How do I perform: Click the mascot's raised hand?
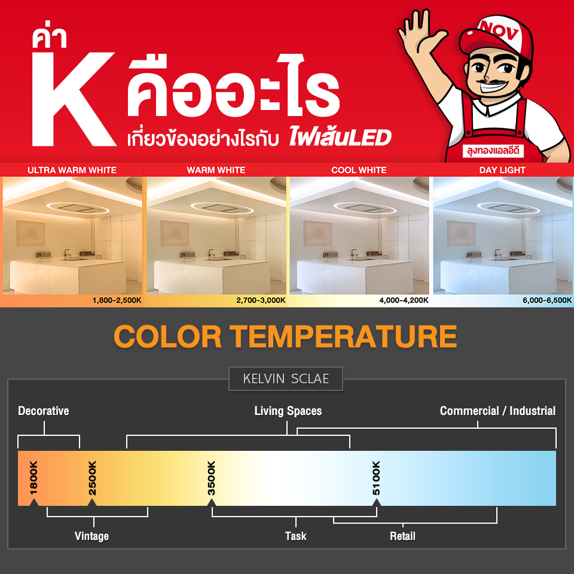(x=421, y=31)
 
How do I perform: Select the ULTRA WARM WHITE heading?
(x=72, y=170)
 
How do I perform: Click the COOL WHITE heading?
(x=359, y=170)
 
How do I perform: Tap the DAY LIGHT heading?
(x=502, y=170)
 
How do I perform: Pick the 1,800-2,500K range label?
(x=117, y=301)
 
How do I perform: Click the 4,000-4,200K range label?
(x=404, y=301)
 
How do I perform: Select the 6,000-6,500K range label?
(x=547, y=301)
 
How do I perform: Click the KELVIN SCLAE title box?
(x=286, y=379)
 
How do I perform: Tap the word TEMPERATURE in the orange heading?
(x=343, y=337)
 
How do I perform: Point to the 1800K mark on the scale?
(x=33, y=478)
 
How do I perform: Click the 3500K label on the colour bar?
(x=211, y=478)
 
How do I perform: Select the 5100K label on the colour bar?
(x=376, y=478)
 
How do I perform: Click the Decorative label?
(x=44, y=411)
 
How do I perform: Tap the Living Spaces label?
(x=288, y=411)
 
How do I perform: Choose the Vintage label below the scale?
(x=91, y=536)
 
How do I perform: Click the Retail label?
(x=402, y=536)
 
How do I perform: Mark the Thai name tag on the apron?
(x=493, y=151)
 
